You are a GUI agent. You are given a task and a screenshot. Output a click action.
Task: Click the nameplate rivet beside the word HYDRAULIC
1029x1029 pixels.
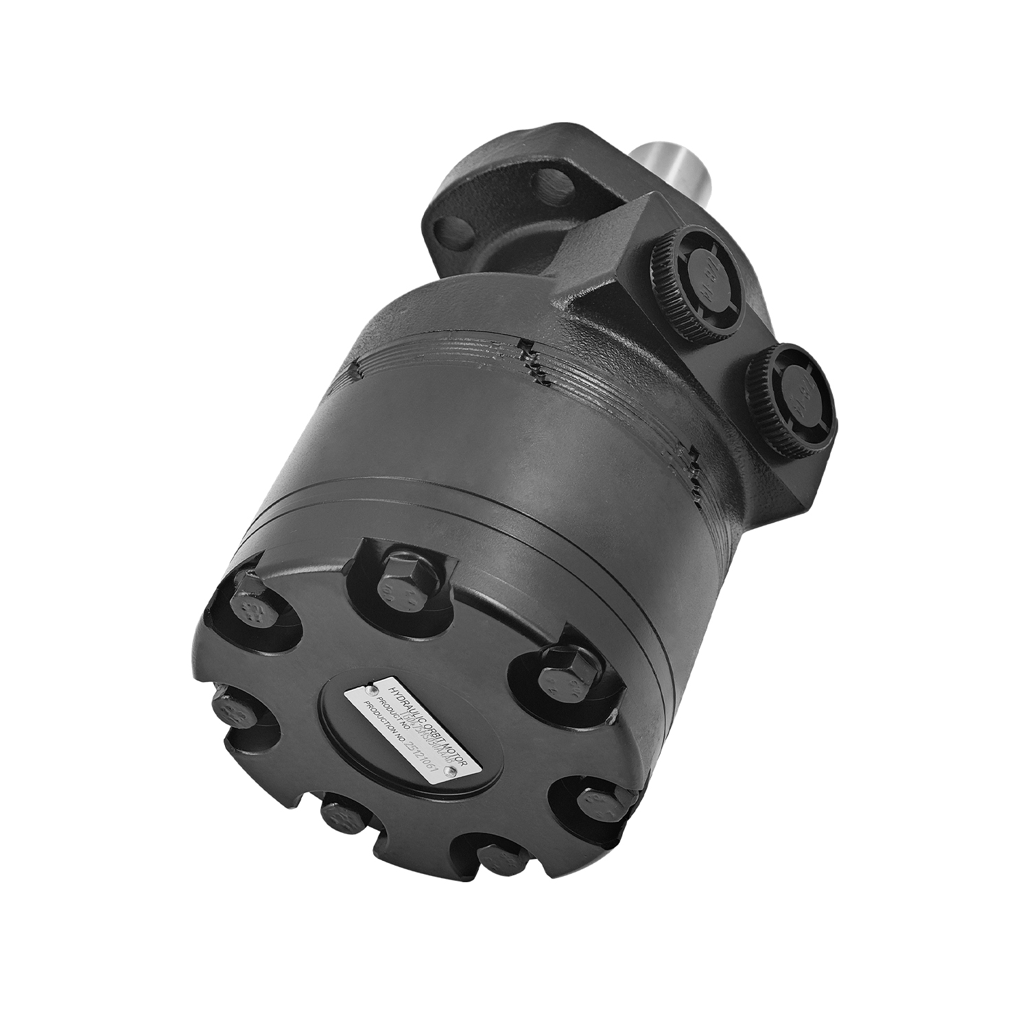click(x=370, y=688)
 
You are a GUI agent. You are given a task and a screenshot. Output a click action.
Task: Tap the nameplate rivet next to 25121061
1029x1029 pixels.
click(x=450, y=771)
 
